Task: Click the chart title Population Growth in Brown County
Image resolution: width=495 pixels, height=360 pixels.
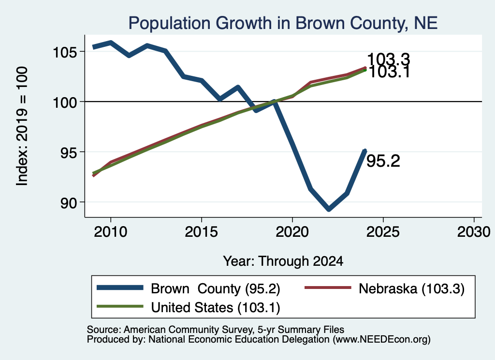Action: tap(283, 23)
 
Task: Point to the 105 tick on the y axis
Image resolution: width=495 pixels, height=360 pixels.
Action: tap(64, 52)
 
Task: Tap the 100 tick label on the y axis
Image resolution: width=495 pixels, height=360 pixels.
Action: tap(64, 102)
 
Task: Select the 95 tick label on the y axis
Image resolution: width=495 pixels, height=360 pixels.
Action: tap(69, 153)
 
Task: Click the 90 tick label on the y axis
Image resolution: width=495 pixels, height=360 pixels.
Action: tap(69, 203)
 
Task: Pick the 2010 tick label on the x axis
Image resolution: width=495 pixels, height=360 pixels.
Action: tap(111, 232)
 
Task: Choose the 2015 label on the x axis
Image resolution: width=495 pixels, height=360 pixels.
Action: tap(202, 232)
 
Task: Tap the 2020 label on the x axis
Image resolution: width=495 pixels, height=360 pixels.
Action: tap(292, 232)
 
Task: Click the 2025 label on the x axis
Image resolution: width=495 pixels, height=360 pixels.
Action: tap(383, 232)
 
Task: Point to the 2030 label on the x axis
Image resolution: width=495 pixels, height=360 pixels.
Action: tap(474, 232)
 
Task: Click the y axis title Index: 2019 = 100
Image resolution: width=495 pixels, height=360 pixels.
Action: tap(22, 126)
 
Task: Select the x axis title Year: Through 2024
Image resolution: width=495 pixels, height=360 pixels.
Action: tap(283, 261)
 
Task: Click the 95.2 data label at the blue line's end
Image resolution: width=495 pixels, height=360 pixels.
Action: tap(383, 161)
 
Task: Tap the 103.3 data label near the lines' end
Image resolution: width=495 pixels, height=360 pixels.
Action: tap(389, 59)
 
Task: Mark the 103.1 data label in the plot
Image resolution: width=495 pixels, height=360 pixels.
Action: tap(389, 72)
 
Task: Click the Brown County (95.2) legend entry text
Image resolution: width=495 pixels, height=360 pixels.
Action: tap(216, 288)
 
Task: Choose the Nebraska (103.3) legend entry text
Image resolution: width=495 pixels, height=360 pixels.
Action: tap(412, 288)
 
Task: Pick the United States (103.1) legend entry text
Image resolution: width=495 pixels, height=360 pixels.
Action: tap(216, 308)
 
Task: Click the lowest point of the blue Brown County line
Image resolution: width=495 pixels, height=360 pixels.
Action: tap(329, 209)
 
